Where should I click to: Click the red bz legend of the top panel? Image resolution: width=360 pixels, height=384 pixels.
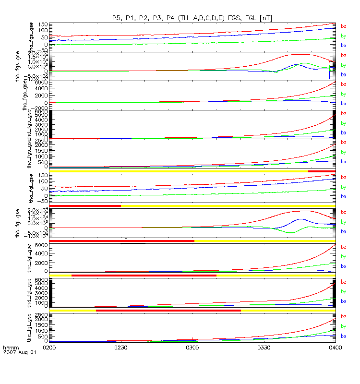[344, 26]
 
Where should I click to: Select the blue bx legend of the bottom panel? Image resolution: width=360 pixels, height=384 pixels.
[344, 336]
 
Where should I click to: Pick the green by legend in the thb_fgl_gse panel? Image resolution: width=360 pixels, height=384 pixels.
[344, 222]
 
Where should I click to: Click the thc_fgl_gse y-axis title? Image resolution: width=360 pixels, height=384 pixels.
[42, 258]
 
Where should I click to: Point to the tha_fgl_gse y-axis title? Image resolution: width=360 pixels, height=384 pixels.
[42, 189]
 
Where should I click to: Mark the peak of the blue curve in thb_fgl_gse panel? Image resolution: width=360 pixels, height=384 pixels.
[300, 219]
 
